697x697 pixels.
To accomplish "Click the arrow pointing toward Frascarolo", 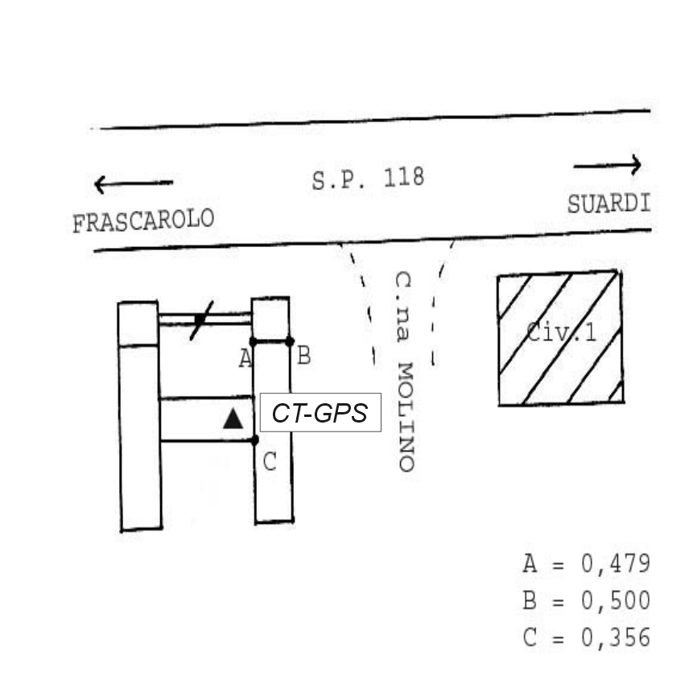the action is (x=134, y=184).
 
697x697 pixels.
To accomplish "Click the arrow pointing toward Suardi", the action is (x=608, y=165).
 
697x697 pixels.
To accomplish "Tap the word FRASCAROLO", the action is (x=143, y=221).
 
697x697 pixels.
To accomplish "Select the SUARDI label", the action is (x=609, y=204).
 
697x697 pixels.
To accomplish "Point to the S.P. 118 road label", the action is (x=368, y=179).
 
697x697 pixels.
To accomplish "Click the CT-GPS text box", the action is (x=320, y=413).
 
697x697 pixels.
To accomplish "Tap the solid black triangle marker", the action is (x=233, y=419).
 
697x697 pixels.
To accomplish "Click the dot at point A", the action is (x=254, y=342).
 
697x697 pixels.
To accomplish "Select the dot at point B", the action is (x=290, y=341).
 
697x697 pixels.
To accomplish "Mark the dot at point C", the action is (x=254, y=440).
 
